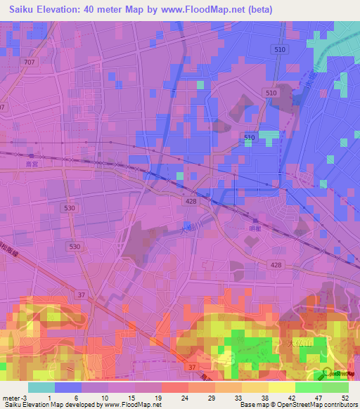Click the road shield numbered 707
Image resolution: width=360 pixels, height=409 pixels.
coord(29,63)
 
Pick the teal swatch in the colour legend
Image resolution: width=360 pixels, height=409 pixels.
coord(41,387)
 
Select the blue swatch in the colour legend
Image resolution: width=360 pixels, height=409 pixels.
coord(68,387)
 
